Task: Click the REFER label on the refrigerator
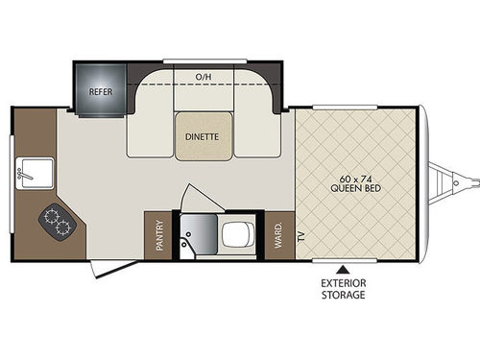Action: (x=101, y=92)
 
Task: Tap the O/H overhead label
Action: (x=204, y=77)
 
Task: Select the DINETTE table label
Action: (x=202, y=137)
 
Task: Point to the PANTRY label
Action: (x=159, y=235)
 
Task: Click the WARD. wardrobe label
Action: (x=278, y=235)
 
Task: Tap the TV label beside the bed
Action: (x=301, y=236)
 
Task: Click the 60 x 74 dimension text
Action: (x=355, y=179)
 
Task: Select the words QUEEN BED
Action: (x=356, y=188)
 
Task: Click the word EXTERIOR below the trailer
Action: (x=344, y=283)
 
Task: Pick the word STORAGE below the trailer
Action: (x=344, y=295)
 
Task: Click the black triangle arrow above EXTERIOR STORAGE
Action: (x=344, y=270)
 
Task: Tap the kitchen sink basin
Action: (x=35, y=173)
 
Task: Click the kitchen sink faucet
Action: (x=24, y=175)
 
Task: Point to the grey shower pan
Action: (x=199, y=236)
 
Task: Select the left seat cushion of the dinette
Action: (x=150, y=134)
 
